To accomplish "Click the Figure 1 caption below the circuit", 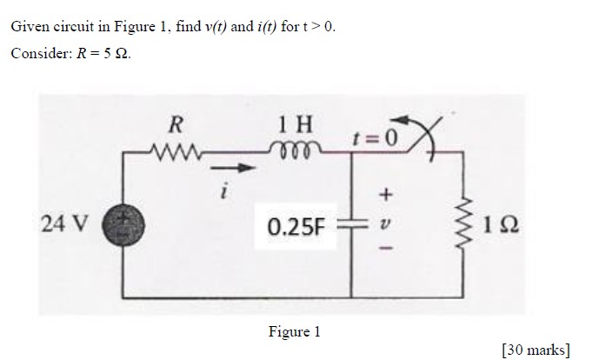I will point(295,331).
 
